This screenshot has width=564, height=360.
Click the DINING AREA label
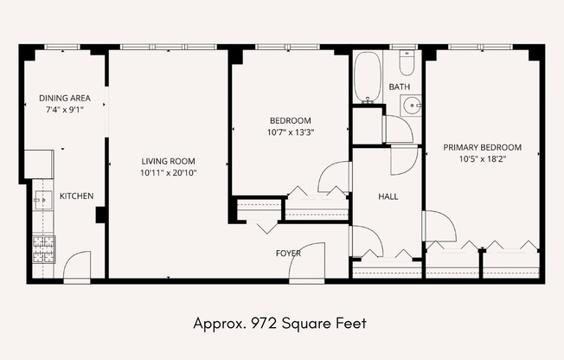point(65,98)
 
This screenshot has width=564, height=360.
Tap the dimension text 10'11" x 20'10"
point(169,173)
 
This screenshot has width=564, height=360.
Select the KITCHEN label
point(76,196)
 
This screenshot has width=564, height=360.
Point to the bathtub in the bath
point(368,77)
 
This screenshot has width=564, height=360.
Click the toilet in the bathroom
point(407,63)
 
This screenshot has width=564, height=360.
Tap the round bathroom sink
point(410,105)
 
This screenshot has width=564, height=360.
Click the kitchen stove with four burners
point(44,249)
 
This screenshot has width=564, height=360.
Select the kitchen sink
point(43,200)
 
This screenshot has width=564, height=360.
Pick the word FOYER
point(288,254)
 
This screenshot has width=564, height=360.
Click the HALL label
point(388,196)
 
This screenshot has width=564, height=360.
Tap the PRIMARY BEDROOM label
point(483,147)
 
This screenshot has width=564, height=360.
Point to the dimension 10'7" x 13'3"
point(291,132)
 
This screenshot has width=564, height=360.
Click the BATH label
point(400,87)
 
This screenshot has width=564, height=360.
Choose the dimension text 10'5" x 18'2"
point(483,159)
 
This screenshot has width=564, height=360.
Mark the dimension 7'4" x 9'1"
point(65,110)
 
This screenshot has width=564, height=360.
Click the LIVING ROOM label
point(169,161)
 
